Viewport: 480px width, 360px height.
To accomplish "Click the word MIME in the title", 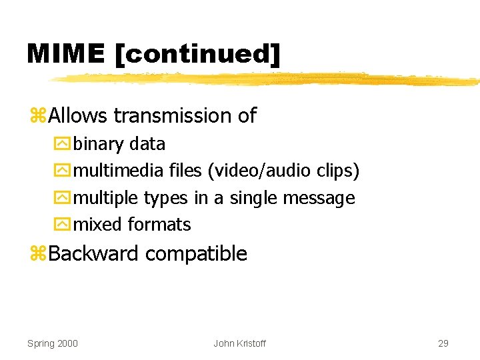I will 65,54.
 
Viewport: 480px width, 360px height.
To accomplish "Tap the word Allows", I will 77,116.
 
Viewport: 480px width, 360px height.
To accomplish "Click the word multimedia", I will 118,171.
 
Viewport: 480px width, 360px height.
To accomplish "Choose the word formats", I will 160,225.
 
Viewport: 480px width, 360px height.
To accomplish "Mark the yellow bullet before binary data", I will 63,144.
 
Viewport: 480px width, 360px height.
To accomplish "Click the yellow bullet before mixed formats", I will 63,225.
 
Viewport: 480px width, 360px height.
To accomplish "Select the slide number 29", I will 443,343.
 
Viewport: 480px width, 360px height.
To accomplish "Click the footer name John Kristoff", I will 239,343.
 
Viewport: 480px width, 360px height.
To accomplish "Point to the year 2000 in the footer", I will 67,343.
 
